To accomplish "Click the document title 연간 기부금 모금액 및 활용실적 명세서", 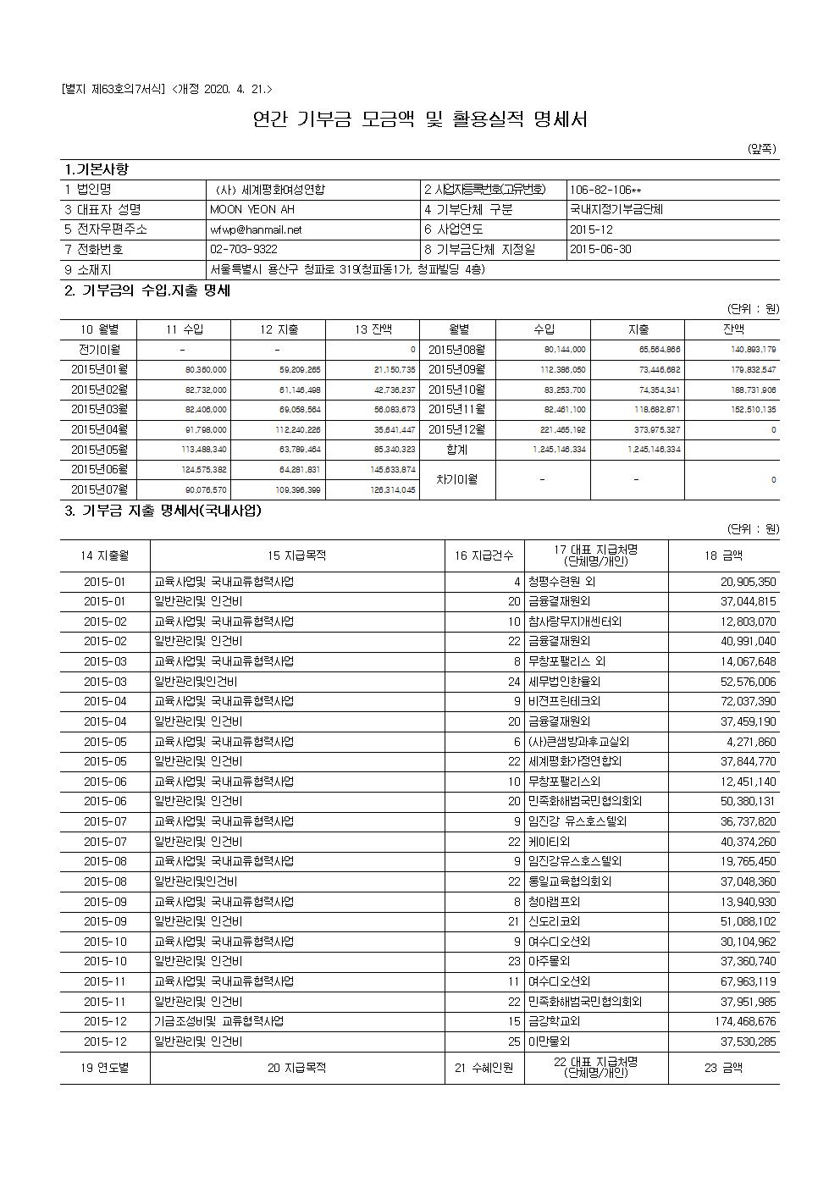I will point(420,119).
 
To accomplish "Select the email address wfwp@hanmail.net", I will point(256,229).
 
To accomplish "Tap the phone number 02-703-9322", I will point(243,250).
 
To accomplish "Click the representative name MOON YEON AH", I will point(252,209).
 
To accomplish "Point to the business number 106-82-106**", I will point(605,190).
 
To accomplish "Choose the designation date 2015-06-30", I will point(600,250).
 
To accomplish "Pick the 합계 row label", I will point(458,450).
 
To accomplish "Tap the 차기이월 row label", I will point(458,479).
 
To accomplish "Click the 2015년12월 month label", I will point(457,429).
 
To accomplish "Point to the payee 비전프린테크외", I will point(564,701).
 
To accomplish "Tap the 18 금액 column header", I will point(723,555).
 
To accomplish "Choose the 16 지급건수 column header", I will point(484,555).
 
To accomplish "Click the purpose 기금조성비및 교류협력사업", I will point(218,1021).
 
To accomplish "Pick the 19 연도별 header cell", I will point(105,1069).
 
